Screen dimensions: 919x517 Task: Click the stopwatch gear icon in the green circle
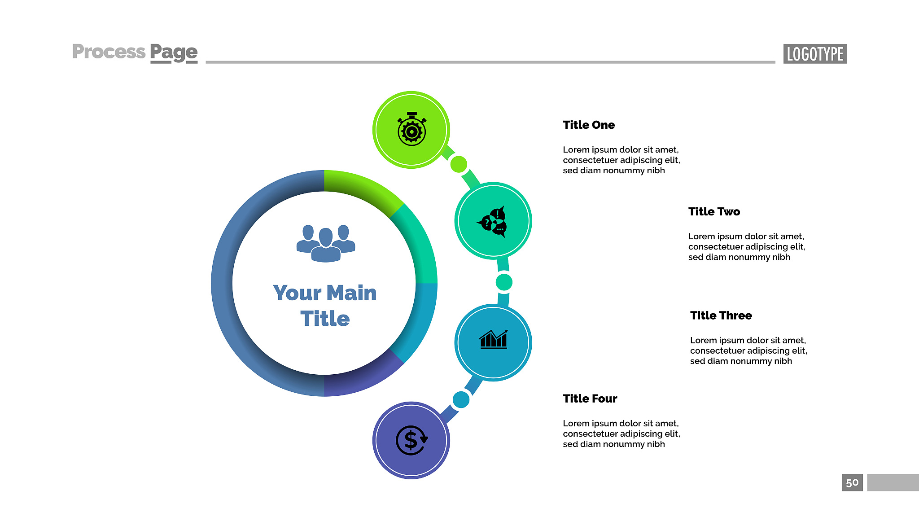click(411, 129)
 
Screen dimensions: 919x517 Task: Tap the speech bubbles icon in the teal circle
click(493, 221)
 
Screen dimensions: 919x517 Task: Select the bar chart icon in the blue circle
click(494, 339)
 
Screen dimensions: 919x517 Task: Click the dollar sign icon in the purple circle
click(411, 440)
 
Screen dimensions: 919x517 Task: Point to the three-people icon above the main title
click(326, 243)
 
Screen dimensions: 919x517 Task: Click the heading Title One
click(589, 125)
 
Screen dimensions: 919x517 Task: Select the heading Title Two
click(714, 211)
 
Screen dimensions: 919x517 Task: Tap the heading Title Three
click(721, 315)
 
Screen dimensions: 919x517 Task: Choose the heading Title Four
click(590, 399)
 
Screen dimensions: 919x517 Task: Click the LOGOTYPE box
click(815, 54)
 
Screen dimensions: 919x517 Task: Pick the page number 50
click(852, 482)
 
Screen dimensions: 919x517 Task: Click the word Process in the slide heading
click(109, 52)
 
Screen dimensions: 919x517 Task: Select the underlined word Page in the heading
click(174, 53)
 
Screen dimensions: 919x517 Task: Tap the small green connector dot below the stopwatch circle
click(459, 164)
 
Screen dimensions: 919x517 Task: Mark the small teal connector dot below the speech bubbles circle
click(504, 282)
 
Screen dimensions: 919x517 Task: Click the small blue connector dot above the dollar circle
click(461, 399)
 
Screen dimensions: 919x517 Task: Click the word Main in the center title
click(351, 293)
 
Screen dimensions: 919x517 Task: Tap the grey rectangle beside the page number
click(893, 482)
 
